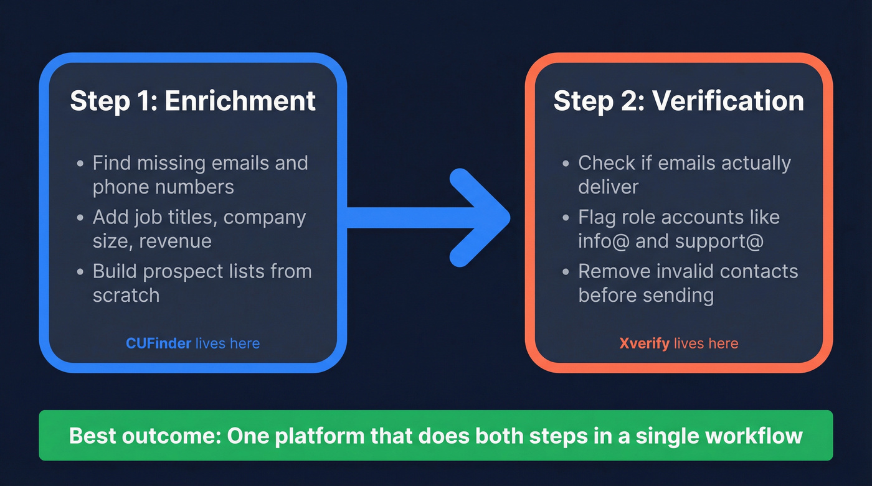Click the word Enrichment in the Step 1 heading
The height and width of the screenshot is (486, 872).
click(240, 101)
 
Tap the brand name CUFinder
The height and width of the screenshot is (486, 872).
click(158, 343)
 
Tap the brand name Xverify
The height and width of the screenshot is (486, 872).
click(645, 343)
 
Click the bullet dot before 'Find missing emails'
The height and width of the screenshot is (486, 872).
click(80, 164)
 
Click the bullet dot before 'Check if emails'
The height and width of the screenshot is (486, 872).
click(566, 164)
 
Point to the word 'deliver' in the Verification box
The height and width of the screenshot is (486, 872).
click(608, 187)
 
